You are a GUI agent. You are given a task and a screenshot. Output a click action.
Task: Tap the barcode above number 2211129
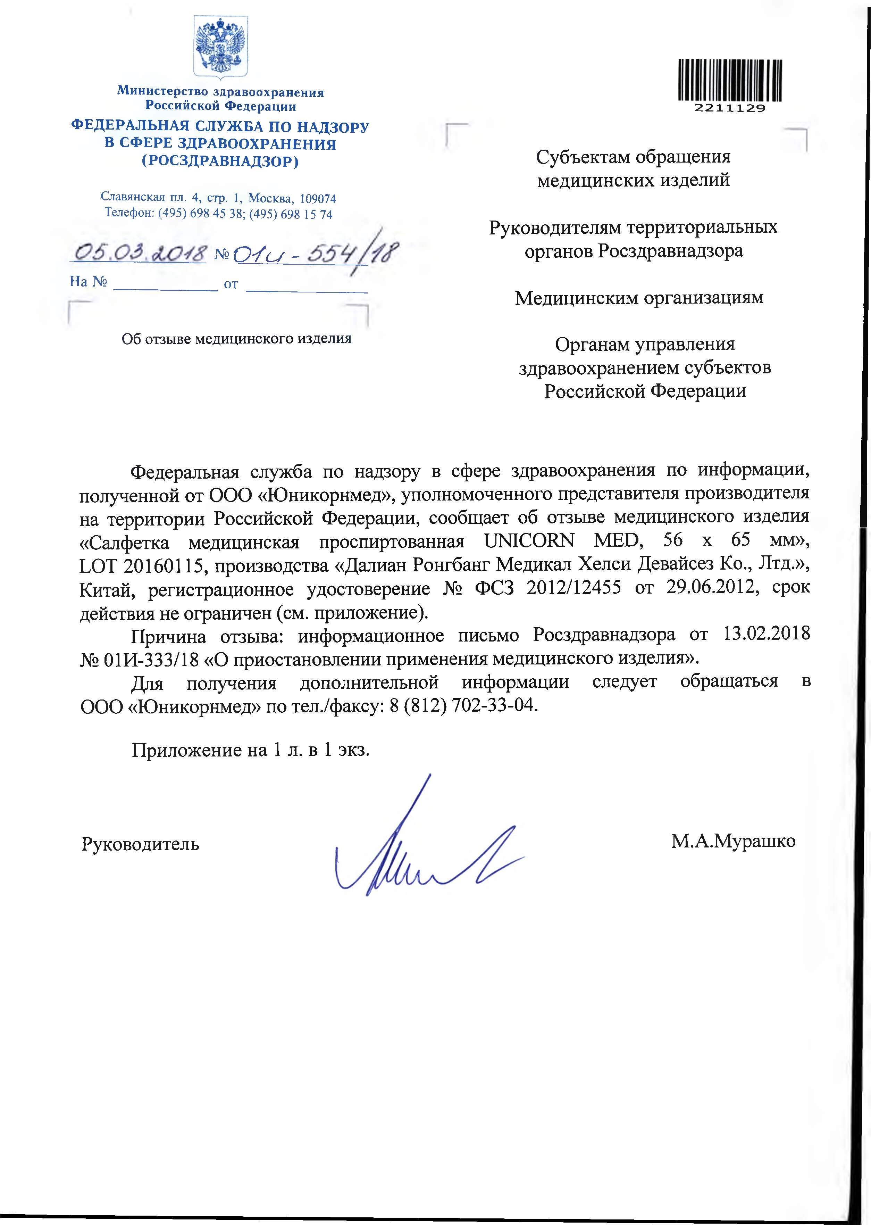coord(730,81)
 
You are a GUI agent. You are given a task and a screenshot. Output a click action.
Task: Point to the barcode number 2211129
coord(730,108)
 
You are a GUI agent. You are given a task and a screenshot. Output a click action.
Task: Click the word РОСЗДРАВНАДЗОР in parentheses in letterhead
coord(220,162)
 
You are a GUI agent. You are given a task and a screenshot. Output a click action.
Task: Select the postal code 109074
coord(318,199)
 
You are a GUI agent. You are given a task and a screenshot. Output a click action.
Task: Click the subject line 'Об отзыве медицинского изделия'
coord(236,339)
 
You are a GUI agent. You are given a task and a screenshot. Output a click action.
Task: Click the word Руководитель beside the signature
coord(141,844)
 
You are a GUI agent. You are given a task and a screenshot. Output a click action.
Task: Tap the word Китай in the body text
coord(107,589)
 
